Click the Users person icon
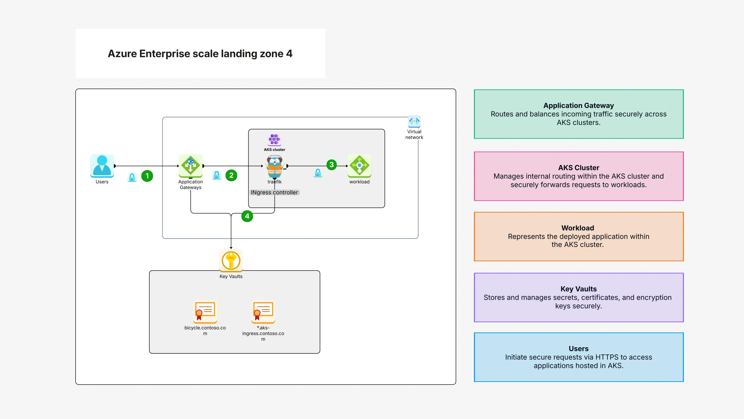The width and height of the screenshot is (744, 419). point(102,165)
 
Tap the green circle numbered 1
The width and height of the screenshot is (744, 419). point(147,176)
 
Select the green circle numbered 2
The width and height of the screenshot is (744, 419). point(231,175)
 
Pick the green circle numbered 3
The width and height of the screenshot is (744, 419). point(331,165)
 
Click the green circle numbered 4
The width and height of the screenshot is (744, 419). point(247,216)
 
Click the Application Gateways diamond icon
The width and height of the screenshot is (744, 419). point(190,166)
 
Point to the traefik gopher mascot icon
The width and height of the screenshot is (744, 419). point(274,167)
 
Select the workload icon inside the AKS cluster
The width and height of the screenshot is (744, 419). point(359,166)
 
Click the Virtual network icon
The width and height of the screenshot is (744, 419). point(414,121)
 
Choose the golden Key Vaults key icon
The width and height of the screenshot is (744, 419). point(231,260)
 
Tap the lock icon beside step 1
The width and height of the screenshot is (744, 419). point(132,177)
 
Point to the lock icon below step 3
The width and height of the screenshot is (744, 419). point(318,173)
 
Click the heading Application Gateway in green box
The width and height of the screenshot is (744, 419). point(578,106)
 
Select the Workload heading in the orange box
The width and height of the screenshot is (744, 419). point(577,228)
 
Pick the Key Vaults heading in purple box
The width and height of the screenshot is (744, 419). point(578,289)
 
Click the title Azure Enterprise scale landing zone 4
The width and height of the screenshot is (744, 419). point(200,54)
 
